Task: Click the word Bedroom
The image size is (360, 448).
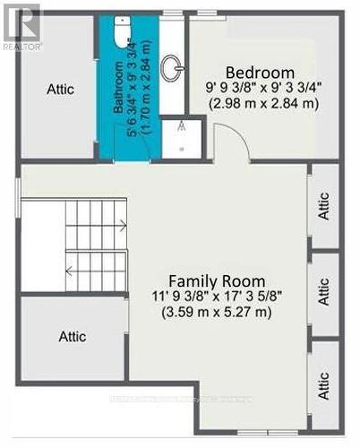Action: tap(260, 73)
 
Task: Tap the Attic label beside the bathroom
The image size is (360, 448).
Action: tap(60, 90)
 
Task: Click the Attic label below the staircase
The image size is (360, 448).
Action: tap(73, 337)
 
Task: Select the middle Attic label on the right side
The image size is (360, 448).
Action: tap(324, 293)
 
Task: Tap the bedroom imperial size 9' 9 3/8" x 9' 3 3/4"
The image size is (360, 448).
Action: tap(260, 89)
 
